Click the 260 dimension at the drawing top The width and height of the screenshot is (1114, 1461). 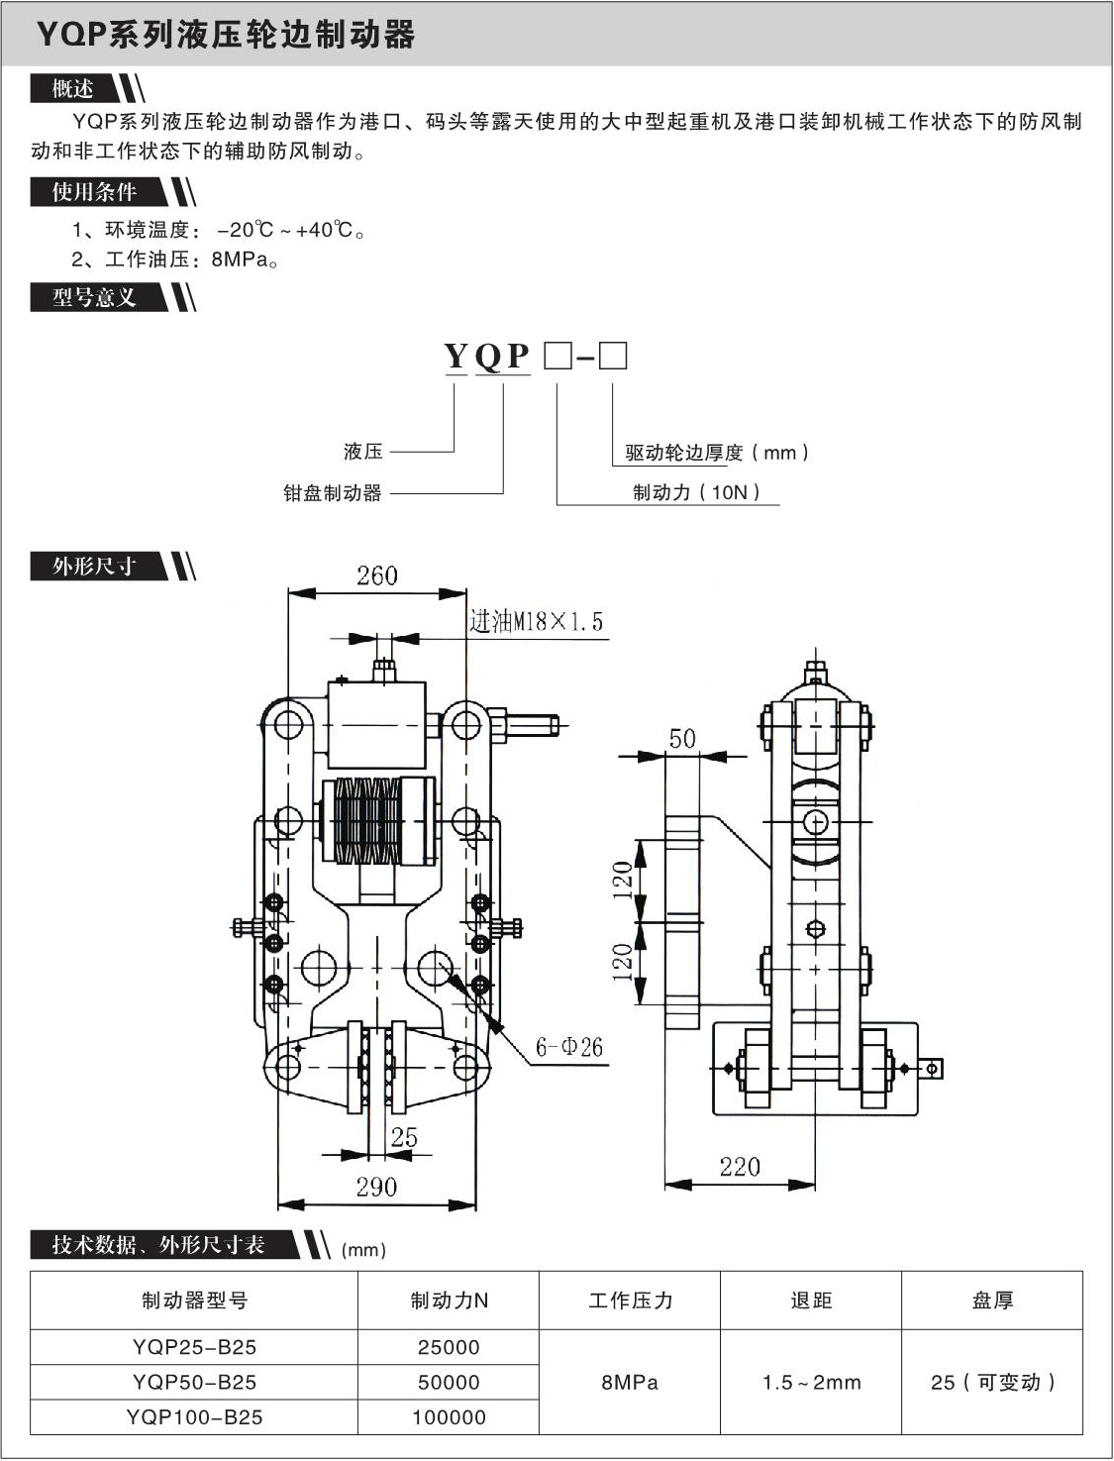pyautogui.click(x=376, y=575)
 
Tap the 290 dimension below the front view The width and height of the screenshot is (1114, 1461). pyautogui.click(x=376, y=1187)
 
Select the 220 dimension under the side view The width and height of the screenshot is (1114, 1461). pyautogui.click(x=740, y=1166)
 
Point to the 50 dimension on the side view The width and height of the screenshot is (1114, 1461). pyautogui.click(x=682, y=738)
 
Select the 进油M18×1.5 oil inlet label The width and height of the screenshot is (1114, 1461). pyautogui.click(x=536, y=622)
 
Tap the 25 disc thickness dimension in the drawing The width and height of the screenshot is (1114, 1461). pyautogui.click(x=403, y=1137)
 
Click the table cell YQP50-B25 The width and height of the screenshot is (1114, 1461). pyautogui.click(x=194, y=1382)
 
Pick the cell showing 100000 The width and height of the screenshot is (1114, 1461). pyautogui.click(x=449, y=1417)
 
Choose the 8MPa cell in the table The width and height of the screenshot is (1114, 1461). pyautogui.click(x=630, y=1382)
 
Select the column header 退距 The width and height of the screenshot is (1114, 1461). pyautogui.click(x=811, y=1301)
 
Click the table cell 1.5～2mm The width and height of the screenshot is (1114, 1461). pyautogui.click(x=811, y=1382)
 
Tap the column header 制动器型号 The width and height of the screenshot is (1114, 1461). pyautogui.click(x=194, y=1301)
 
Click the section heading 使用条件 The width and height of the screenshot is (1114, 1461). pyautogui.click(x=95, y=192)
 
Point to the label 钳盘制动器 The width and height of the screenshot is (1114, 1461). pyautogui.click(x=333, y=492)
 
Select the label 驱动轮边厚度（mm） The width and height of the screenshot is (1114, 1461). pyautogui.click(x=717, y=453)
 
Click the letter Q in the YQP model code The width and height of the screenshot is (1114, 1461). pyautogui.click(x=488, y=356)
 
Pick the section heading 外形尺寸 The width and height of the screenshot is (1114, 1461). pyautogui.click(x=94, y=567)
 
